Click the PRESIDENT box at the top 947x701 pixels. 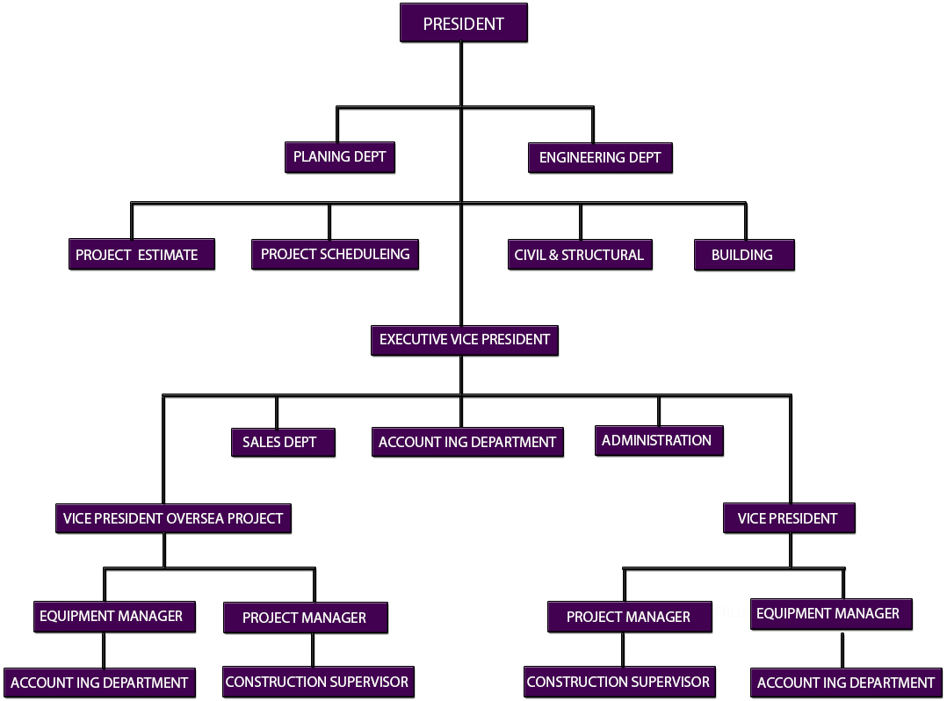pos(463,24)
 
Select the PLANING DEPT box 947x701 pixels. pos(340,157)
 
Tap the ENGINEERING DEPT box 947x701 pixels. pos(600,158)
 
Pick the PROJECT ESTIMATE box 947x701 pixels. pos(141,255)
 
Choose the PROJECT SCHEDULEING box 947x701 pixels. pos(335,254)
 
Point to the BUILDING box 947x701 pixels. pos(743,255)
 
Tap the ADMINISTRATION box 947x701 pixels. pos(658,440)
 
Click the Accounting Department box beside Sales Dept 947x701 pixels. pos(467,442)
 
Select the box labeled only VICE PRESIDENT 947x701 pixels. pos(788,518)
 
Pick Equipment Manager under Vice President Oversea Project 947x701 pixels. pos(112,616)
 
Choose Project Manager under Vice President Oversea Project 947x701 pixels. pos(305,618)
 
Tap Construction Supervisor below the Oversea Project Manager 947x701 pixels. pos(317,682)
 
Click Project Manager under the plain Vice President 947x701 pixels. pos(628,617)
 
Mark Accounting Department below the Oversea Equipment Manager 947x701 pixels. pos(99,683)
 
